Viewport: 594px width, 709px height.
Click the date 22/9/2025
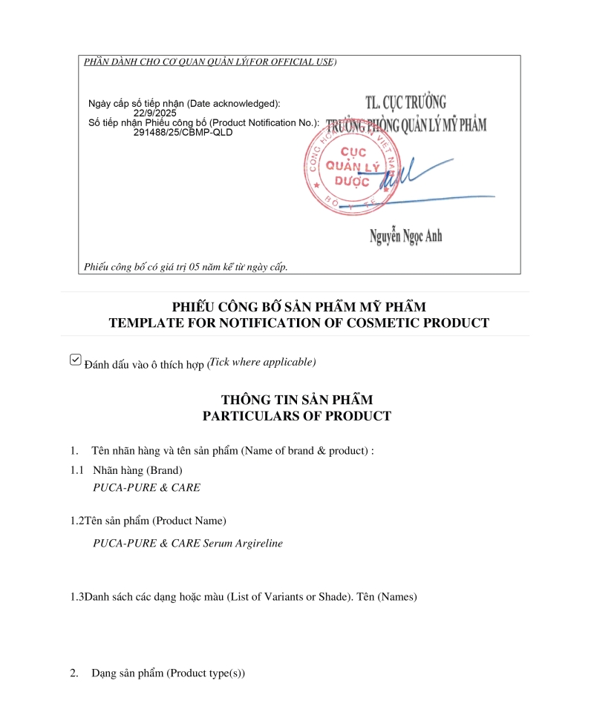pos(155,113)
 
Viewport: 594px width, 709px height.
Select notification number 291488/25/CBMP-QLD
pos(183,132)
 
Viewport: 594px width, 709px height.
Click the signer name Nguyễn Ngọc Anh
pos(405,236)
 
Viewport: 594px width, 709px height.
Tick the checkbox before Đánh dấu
pos(75,360)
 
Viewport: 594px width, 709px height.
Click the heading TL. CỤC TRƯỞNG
pos(405,102)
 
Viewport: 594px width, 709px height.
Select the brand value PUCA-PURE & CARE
pos(146,488)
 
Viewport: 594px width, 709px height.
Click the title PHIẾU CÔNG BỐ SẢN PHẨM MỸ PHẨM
pos(299,307)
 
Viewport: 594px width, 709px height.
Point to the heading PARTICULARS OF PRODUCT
pos(297,416)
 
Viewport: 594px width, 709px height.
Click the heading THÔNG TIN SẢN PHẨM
pos(297,400)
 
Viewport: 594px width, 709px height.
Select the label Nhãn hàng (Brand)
pos(137,470)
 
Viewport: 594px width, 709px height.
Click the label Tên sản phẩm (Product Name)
pos(155,521)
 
